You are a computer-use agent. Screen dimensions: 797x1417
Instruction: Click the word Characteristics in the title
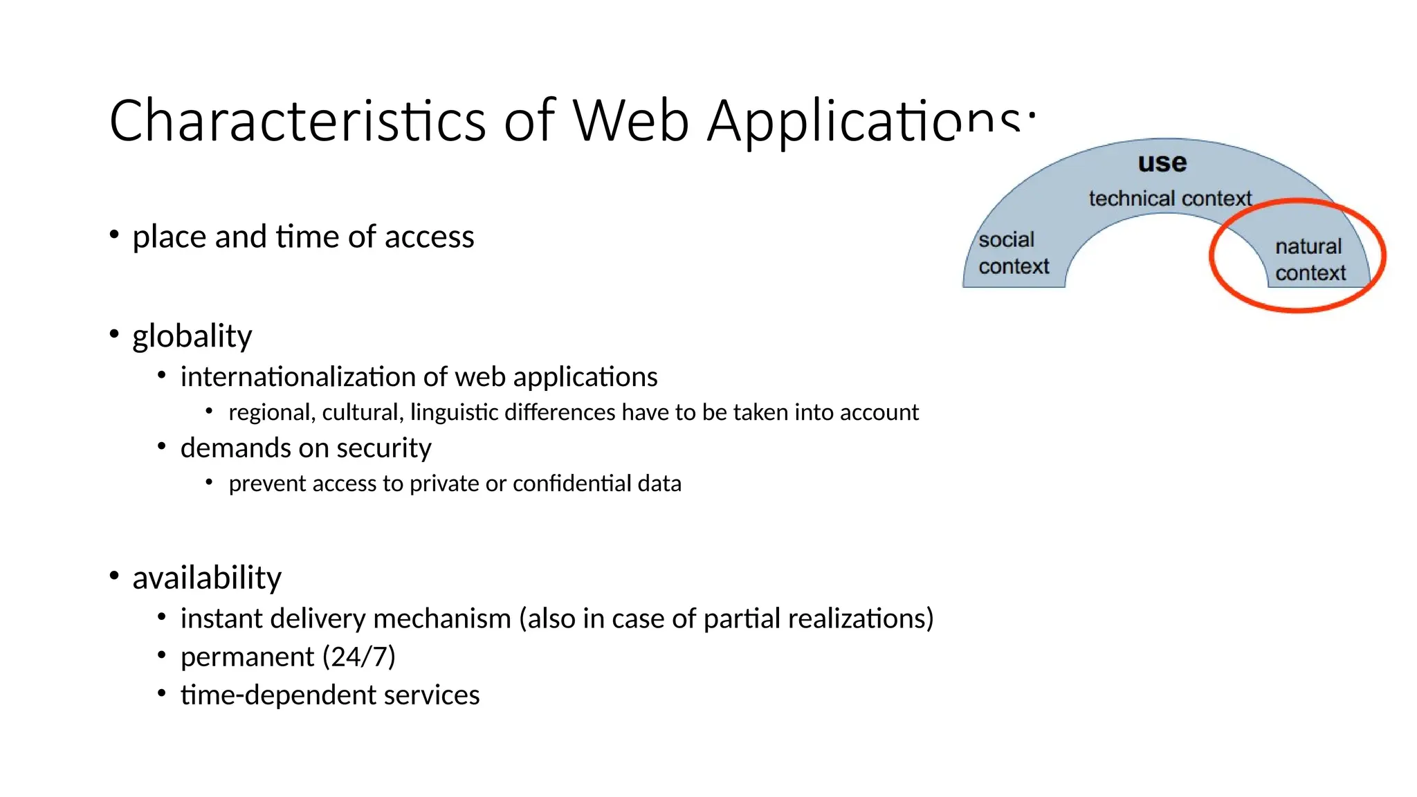point(298,121)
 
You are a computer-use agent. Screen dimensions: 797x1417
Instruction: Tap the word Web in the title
point(630,121)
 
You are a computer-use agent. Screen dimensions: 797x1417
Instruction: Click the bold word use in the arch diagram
point(1162,163)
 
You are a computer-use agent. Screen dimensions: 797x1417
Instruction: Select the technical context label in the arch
point(1170,199)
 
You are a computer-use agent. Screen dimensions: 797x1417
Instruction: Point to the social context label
point(1013,253)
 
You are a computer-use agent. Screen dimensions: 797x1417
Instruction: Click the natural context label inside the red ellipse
point(1310,259)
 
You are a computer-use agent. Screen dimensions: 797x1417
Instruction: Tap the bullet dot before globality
point(114,334)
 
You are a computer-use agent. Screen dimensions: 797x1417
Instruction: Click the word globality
point(192,337)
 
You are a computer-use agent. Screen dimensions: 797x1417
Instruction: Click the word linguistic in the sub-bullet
point(454,413)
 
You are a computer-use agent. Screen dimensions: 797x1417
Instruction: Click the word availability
point(207,578)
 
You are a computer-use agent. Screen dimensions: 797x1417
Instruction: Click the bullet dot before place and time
point(114,235)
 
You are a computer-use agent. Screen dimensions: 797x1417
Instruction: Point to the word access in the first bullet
point(430,237)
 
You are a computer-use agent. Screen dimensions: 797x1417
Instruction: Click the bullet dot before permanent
point(161,654)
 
